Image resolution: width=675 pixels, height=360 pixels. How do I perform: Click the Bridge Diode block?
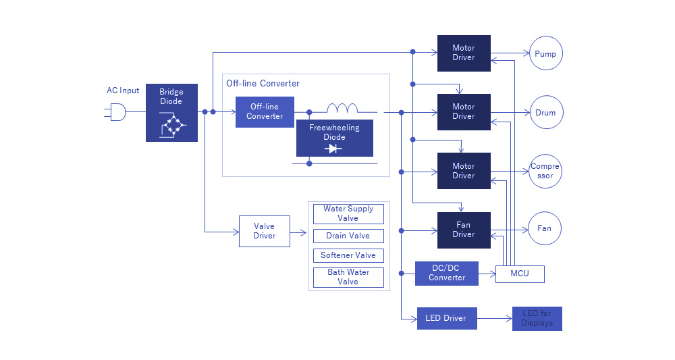click(x=171, y=112)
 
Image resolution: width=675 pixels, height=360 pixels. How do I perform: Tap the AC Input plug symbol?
click(x=117, y=112)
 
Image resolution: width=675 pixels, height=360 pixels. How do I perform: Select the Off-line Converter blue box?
click(x=265, y=112)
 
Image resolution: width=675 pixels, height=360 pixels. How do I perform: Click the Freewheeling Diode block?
click(x=334, y=138)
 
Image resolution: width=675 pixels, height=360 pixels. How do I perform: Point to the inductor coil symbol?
click(x=342, y=108)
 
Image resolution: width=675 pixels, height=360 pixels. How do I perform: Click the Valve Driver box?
click(x=264, y=231)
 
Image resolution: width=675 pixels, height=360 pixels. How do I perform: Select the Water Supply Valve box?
click(x=348, y=214)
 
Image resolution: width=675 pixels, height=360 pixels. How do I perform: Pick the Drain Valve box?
click(x=348, y=236)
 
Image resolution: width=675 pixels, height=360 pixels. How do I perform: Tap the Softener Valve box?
click(x=348, y=255)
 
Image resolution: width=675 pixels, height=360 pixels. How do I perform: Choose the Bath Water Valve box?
click(x=348, y=277)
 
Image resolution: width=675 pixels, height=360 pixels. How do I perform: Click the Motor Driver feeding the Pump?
click(x=463, y=53)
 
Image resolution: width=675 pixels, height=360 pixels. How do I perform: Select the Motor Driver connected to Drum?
click(x=463, y=112)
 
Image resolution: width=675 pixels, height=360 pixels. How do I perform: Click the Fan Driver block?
click(x=463, y=230)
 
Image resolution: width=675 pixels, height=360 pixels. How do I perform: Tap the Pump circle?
click(x=545, y=53)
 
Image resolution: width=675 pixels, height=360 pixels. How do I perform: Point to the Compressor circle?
click(x=545, y=171)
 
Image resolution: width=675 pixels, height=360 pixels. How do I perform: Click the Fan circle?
click(x=544, y=229)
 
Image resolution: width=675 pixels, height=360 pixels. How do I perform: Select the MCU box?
click(x=519, y=274)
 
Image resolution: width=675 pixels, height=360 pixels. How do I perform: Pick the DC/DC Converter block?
click(x=446, y=274)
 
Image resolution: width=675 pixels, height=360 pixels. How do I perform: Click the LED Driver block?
click(x=446, y=318)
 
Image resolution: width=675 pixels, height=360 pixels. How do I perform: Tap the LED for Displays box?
click(x=537, y=319)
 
